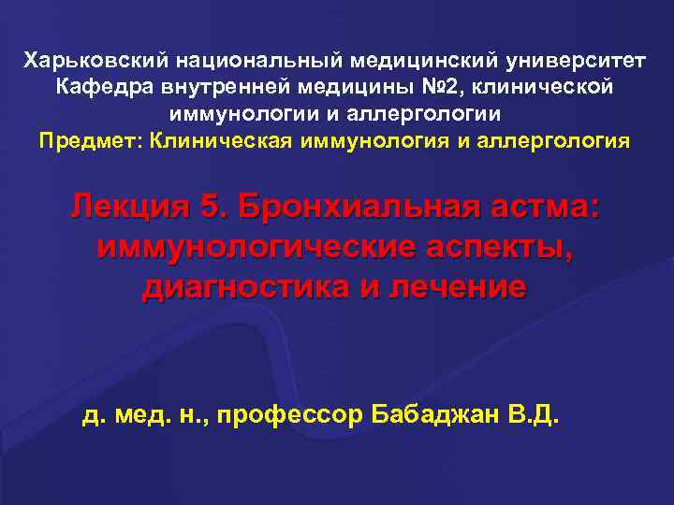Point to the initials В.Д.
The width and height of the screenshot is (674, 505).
point(534,414)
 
